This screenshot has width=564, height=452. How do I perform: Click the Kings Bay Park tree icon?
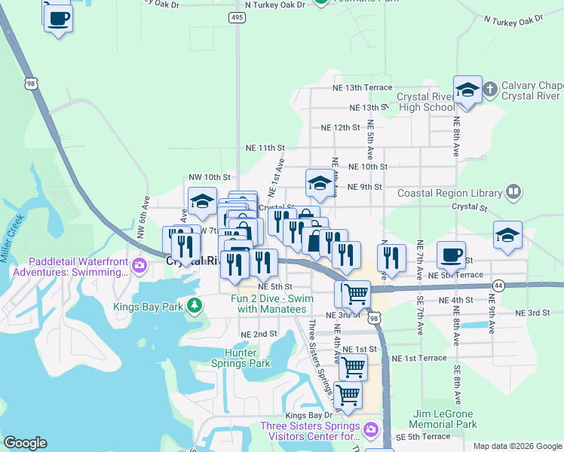point(195,305)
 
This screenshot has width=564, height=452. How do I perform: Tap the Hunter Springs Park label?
point(247,358)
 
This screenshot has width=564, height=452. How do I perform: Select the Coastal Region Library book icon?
point(513,193)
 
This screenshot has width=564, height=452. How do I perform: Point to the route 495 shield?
point(238,17)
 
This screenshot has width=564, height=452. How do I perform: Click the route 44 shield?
point(498,286)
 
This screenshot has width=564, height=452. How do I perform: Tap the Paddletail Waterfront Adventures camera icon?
point(139,265)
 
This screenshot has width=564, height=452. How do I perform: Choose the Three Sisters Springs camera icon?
point(370,430)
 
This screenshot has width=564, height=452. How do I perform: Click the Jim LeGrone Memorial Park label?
point(445,419)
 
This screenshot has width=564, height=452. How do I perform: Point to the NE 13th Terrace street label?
point(362,88)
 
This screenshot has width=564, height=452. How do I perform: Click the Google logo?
point(25,443)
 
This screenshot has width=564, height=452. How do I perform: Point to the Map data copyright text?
point(516,446)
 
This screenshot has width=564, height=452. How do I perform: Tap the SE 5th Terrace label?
point(422,437)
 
